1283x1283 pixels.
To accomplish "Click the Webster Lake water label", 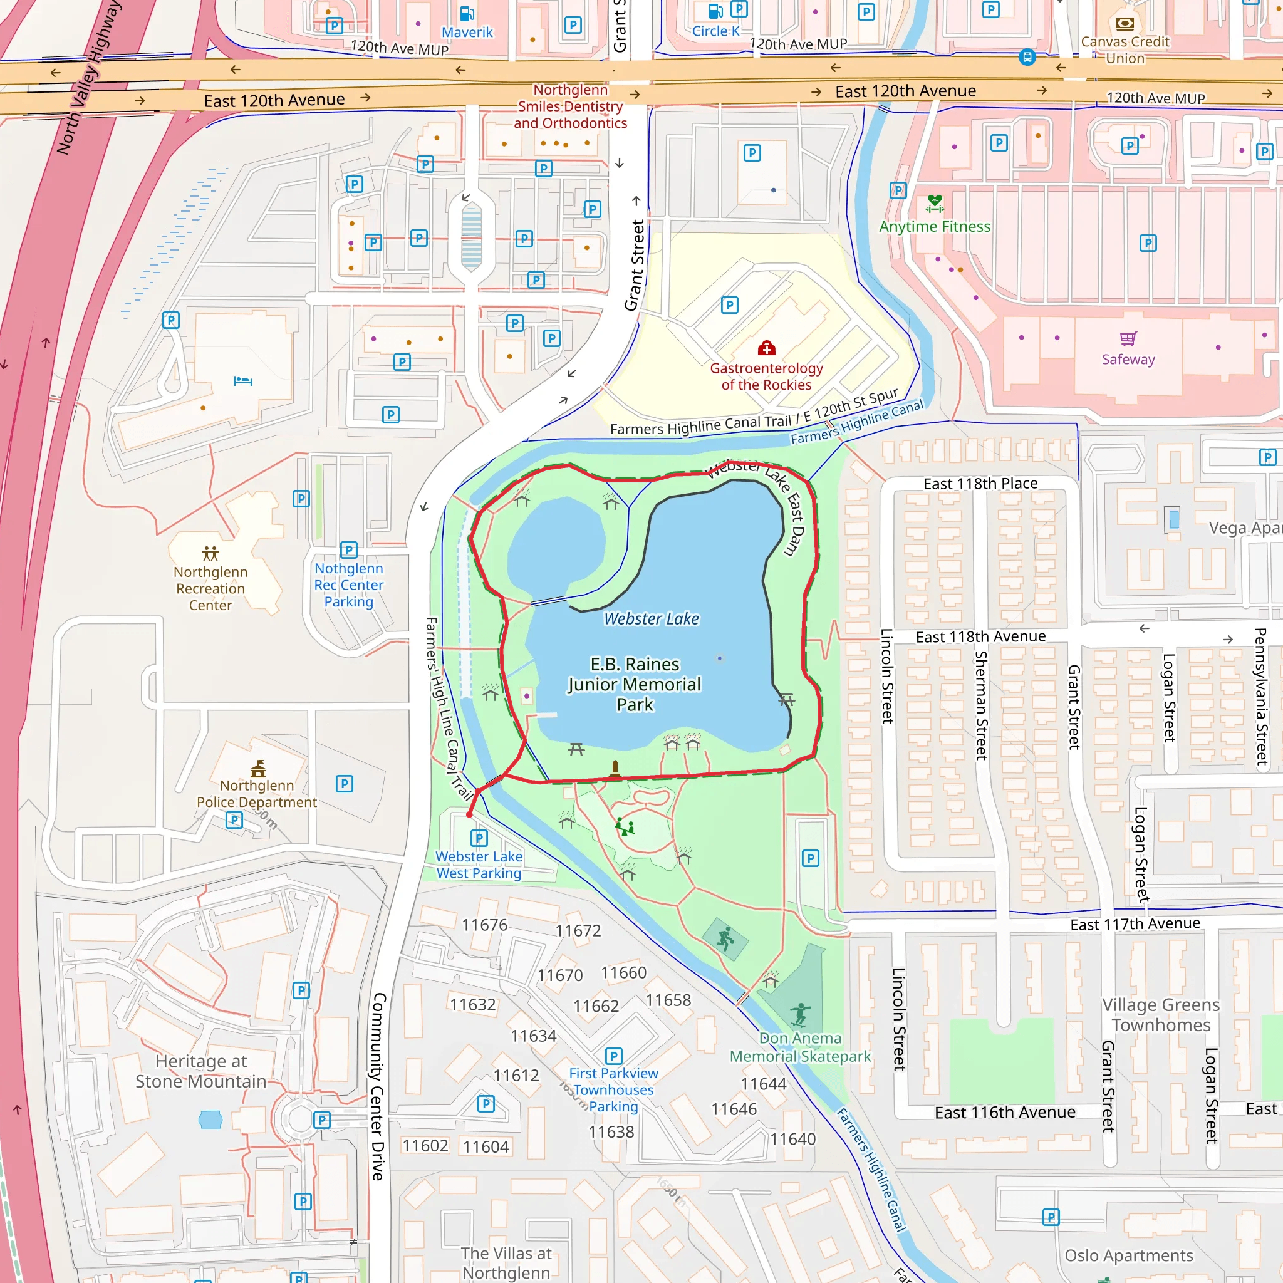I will [651, 618].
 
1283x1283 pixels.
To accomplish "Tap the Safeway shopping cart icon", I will [1128, 339].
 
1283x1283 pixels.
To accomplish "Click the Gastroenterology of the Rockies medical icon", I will [766, 348].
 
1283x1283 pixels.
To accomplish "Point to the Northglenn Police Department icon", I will [257, 769].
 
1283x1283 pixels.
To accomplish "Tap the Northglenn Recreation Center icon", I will [210, 553].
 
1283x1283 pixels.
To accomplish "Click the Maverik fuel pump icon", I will [467, 13].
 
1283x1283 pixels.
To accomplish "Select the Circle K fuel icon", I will [715, 11].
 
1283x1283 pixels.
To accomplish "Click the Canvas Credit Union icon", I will [1125, 24].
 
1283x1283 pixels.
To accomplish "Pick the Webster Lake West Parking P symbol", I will [479, 838].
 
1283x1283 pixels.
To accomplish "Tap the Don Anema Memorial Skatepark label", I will [799, 1047].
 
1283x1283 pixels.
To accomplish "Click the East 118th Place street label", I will [980, 484].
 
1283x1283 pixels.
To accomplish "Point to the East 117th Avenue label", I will [1135, 924].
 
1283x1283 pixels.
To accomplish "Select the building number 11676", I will [484, 925].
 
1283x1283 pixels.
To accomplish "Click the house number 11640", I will [792, 1139].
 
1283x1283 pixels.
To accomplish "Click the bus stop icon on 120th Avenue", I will [1027, 57].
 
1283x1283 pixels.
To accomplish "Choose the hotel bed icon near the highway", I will [243, 380].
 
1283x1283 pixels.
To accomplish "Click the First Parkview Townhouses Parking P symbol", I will [613, 1056].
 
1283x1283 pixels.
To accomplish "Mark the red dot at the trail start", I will [469, 814].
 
